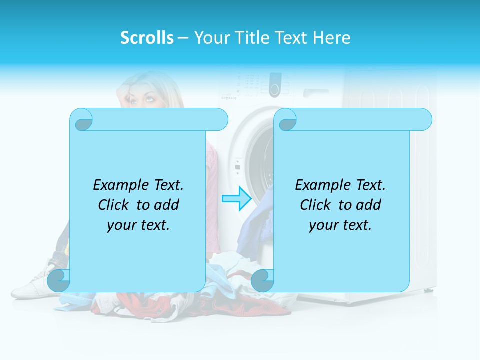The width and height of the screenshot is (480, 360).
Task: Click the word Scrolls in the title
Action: [147, 38]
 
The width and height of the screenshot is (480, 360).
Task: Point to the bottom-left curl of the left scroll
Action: [59, 281]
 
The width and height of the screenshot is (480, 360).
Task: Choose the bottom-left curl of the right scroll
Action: [262, 281]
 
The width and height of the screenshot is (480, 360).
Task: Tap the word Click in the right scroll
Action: [315, 205]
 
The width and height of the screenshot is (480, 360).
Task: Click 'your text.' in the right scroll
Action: [340, 225]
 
